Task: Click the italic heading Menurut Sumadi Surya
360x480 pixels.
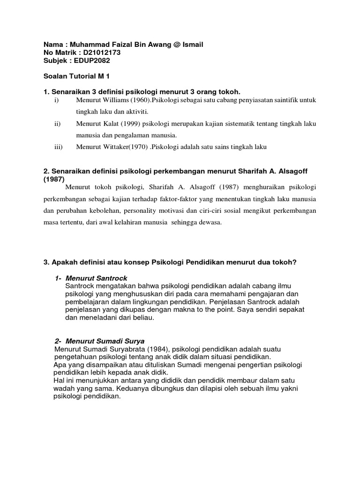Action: pyautogui.click(x=105, y=340)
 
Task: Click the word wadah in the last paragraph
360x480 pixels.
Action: pyautogui.click(x=64, y=388)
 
